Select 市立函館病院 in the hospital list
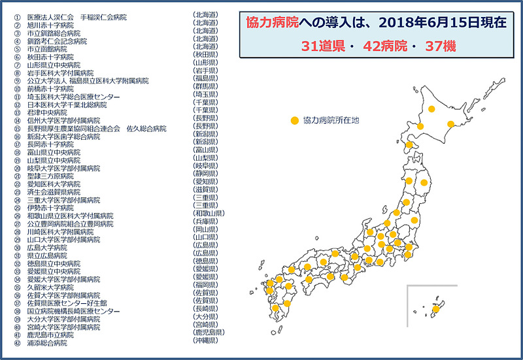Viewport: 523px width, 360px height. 46,48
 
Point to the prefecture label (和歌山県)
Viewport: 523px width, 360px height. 210,214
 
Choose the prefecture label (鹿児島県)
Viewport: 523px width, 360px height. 210,333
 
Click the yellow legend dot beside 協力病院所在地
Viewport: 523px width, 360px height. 295,121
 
